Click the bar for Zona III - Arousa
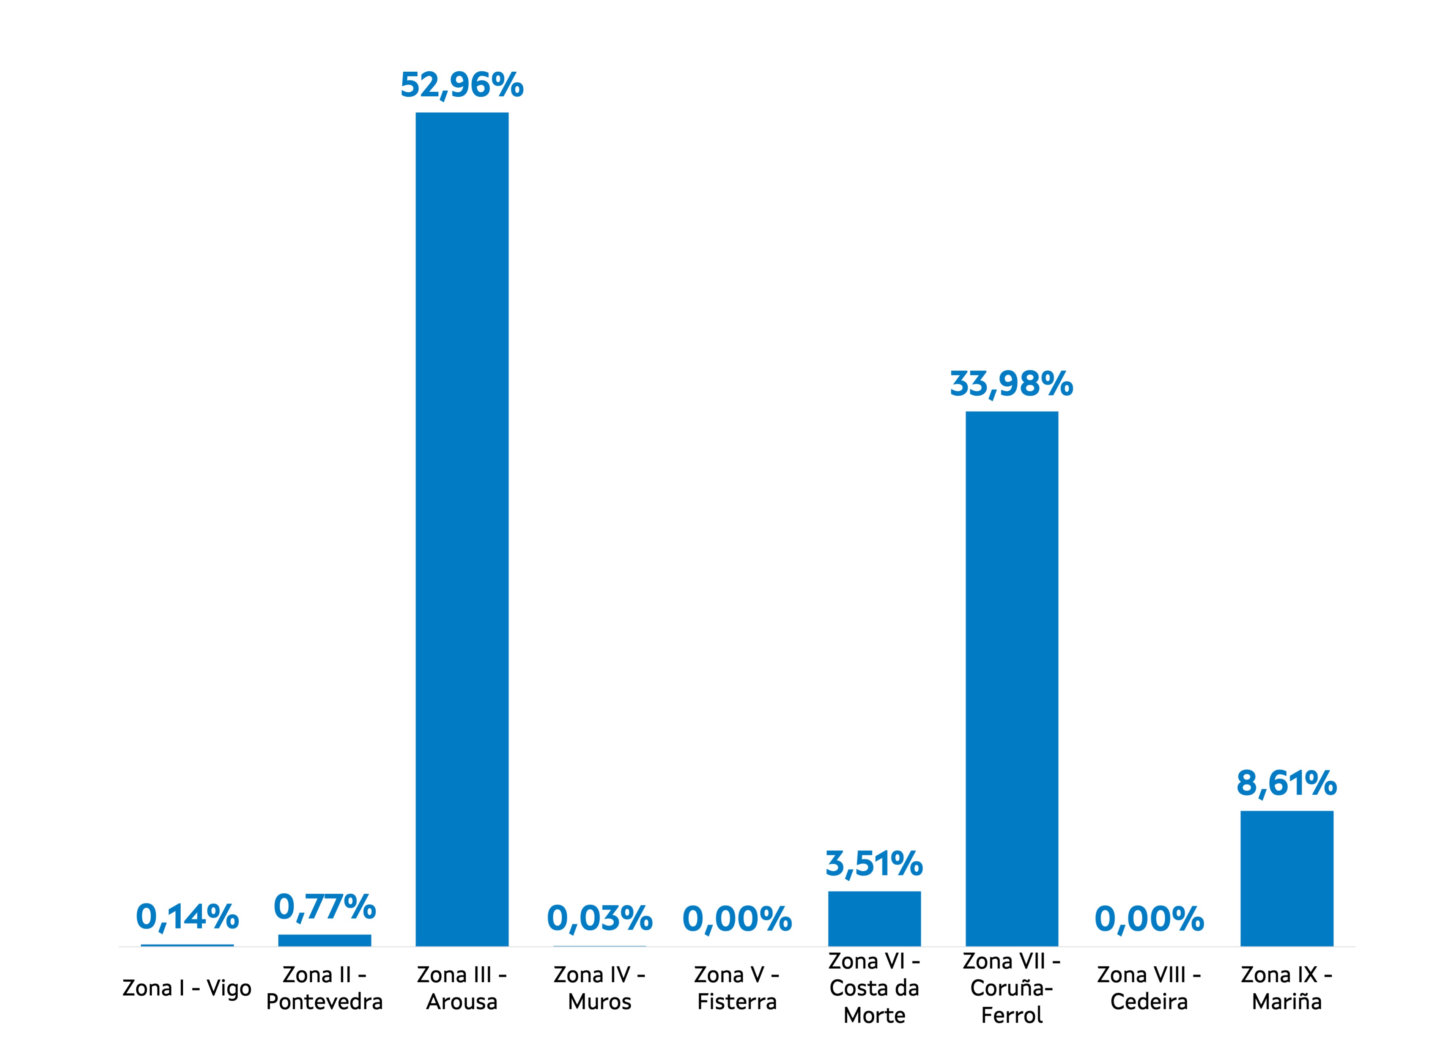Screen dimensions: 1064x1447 tap(461, 528)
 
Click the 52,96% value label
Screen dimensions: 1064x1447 tap(461, 85)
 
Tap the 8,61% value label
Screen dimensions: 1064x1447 tap(1286, 783)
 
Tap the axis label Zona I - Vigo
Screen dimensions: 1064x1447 tap(187, 988)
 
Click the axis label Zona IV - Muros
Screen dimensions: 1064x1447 tap(599, 988)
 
